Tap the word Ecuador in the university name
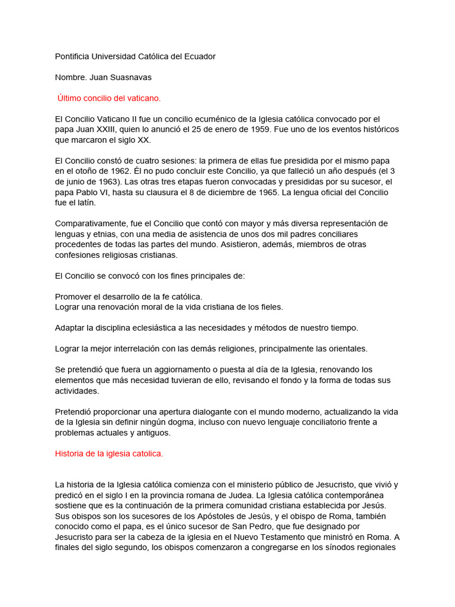pos(200,56)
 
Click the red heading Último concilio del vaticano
pos(109,98)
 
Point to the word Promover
pos(73,296)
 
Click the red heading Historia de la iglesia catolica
pos(108,453)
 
